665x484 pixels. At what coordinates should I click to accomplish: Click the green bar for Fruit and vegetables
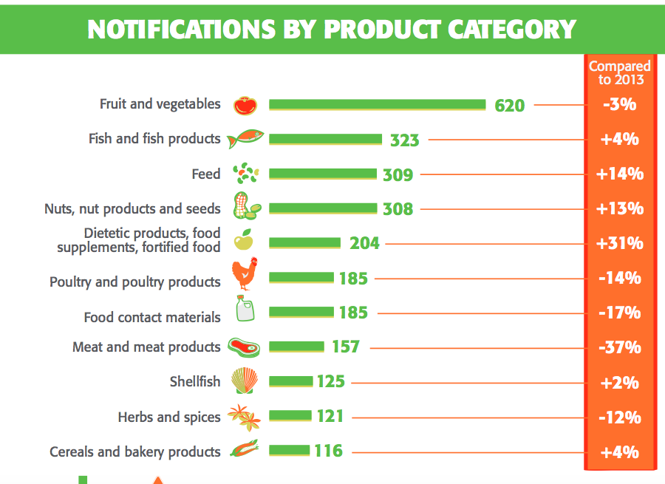(377, 105)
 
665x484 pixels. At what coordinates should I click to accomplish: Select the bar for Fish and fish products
(325, 139)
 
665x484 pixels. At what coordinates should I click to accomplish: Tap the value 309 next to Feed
(398, 175)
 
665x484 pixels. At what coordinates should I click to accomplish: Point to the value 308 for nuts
(398, 209)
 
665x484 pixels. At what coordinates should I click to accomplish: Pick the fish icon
(246, 139)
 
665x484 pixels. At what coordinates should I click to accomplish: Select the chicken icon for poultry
(245, 275)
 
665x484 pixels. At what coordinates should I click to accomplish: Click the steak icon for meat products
(244, 347)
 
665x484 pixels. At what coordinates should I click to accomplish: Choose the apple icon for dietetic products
(244, 241)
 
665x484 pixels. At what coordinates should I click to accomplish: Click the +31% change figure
(619, 243)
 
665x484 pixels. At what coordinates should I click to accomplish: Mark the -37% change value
(619, 347)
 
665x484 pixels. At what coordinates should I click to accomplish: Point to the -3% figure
(619, 104)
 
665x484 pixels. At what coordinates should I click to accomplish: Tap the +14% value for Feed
(619, 174)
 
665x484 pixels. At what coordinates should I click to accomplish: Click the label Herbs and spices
(169, 417)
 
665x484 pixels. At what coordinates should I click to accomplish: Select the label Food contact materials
(152, 317)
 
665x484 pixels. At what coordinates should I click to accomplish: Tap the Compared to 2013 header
(619, 72)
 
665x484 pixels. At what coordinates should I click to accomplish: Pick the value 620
(510, 106)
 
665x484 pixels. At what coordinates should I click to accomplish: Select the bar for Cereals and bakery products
(289, 450)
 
